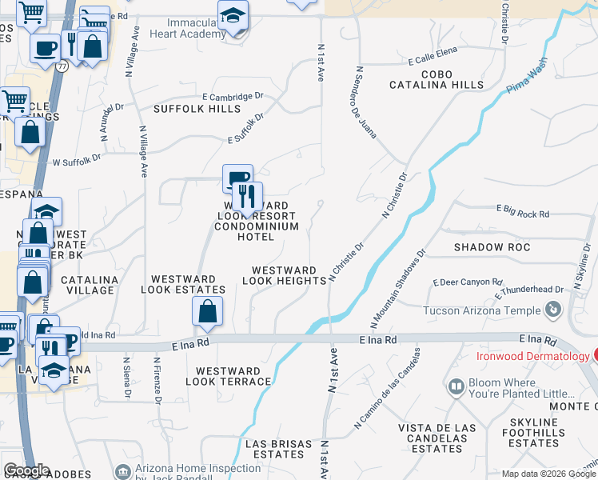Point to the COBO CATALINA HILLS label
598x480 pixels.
coord(436,79)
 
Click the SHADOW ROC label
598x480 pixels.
coord(492,247)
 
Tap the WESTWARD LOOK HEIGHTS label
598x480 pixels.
coord(279,276)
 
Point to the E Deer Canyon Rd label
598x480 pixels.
coord(468,282)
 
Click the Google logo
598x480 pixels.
coord(26,470)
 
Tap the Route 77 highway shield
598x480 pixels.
coord(62,67)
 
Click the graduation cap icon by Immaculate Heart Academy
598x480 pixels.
coord(233,15)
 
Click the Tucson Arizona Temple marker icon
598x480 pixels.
coord(552,309)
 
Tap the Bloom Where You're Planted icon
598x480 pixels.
coord(456,387)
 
